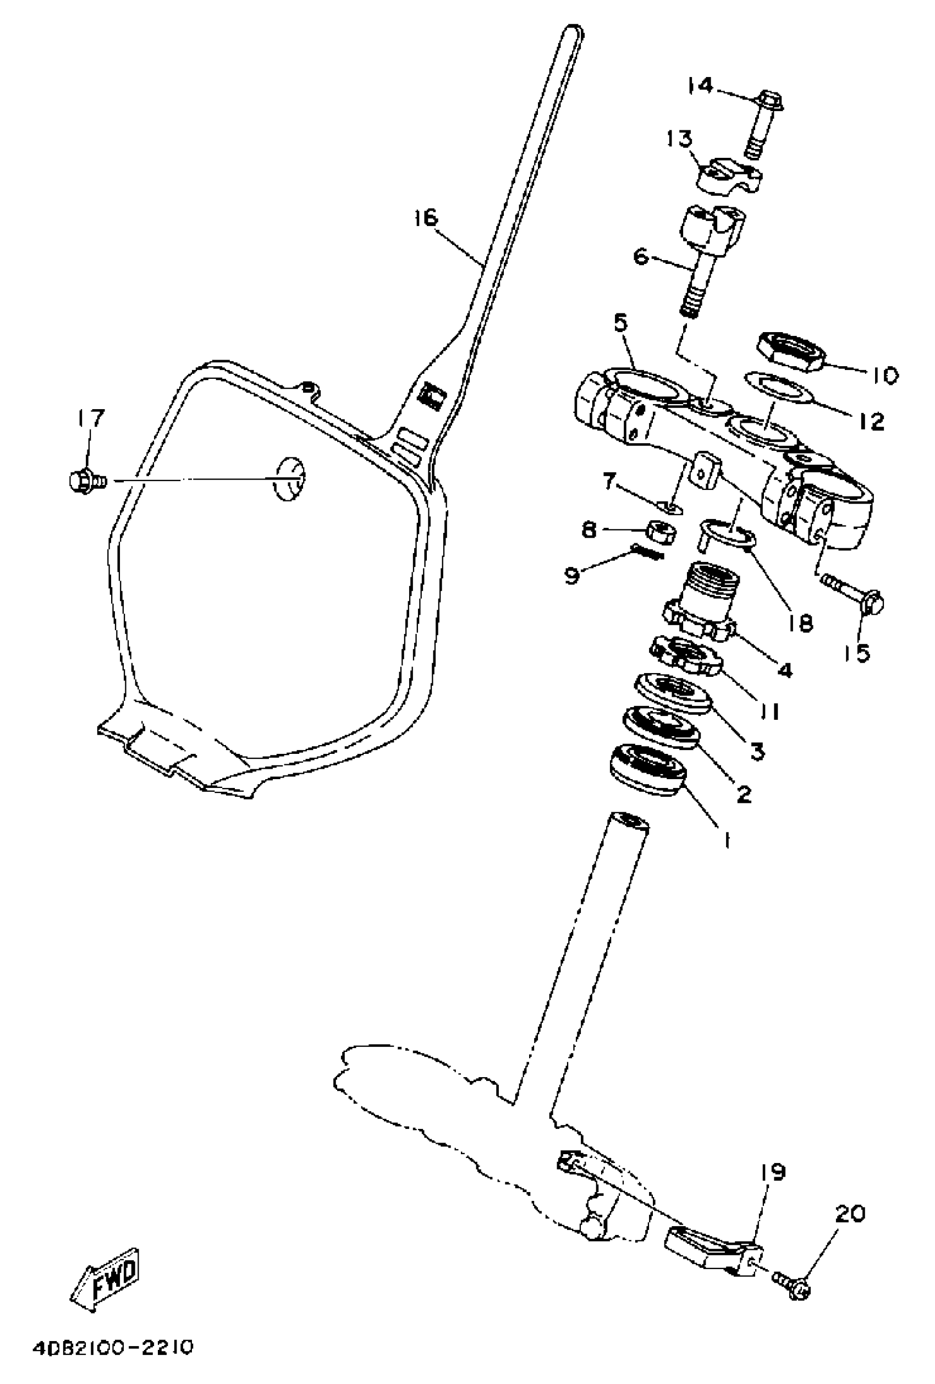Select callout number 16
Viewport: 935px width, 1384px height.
tap(425, 218)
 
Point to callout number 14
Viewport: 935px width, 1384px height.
tap(700, 86)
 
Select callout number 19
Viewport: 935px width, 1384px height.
tap(773, 1172)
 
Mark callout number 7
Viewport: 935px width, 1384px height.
tap(609, 481)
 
